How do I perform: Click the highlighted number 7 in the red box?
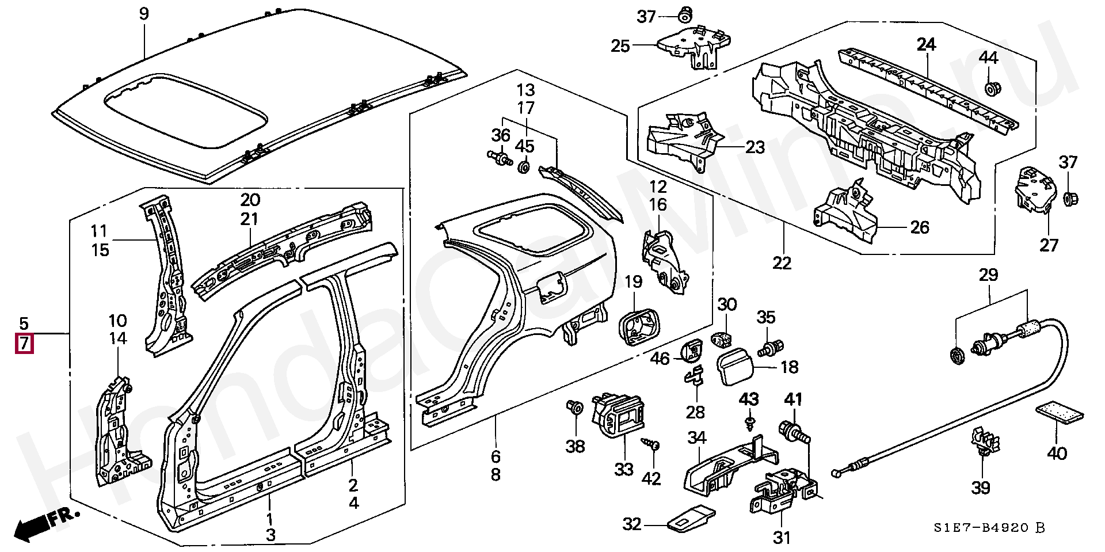click(x=24, y=344)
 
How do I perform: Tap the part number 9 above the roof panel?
click(x=144, y=13)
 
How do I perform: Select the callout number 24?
click(x=926, y=44)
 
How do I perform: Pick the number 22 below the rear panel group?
click(x=782, y=263)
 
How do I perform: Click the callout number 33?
click(x=623, y=470)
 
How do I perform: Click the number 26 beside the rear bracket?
click(x=920, y=227)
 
